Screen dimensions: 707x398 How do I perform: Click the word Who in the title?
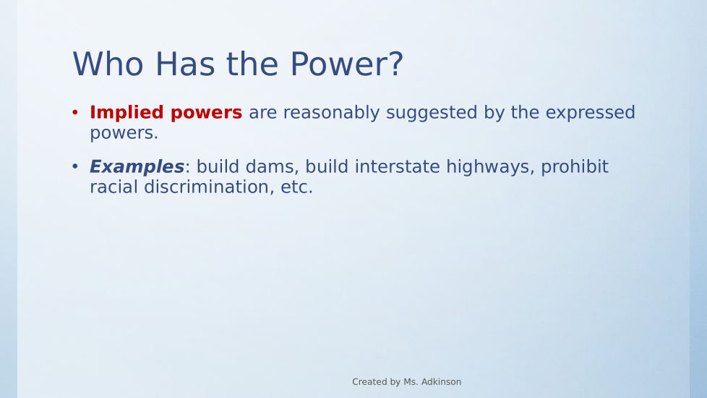tap(108, 64)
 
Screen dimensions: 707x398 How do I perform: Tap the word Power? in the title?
tap(346, 64)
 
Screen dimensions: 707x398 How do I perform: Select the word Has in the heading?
tap(185, 64)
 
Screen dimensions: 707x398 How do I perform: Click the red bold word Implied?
tap(127, 113)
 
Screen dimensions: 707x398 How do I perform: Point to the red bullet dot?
tap(75, 112)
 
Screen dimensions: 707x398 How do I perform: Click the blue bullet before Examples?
tap(75, 166)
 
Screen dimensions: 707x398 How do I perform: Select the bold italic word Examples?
tap(137, 167)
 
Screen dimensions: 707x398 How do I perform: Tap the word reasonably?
tap(331, 113)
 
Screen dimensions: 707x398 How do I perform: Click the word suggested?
tap(432, 113)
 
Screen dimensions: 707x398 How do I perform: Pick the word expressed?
tap(590, 113)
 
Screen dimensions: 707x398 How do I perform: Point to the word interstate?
tap(398, 167)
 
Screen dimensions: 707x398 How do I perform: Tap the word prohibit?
tap(575, 167)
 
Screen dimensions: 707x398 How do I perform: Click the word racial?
tap(113, 187)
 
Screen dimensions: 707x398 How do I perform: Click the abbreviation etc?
tap(296, 187)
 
